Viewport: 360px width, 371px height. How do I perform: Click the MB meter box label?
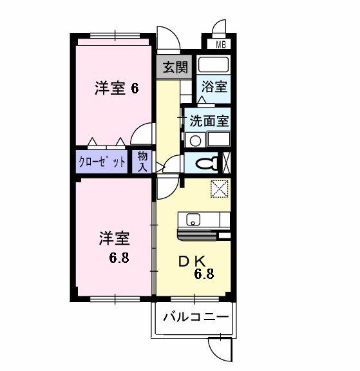(x=221, y=44)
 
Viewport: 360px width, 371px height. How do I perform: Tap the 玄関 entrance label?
(x=176, y=67)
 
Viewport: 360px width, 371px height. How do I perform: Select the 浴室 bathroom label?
(x=214, y=86)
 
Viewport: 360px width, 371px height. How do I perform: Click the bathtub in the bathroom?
(x=214, y=64)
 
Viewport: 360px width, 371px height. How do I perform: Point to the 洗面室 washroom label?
(x=209, y=121)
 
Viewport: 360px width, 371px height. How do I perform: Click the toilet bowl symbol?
(x=207, y=163)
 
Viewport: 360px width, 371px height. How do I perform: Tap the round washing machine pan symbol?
(x=195, y=141)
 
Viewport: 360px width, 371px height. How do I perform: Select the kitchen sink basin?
(x=193, y=220)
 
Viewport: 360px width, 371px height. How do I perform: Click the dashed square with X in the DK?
(x=220, y=189)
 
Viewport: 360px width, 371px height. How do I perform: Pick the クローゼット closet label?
(x=102, y=162)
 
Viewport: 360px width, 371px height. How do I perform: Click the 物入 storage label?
(x=143, y=162)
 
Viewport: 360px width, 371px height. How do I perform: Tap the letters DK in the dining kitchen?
(x=191, y=262)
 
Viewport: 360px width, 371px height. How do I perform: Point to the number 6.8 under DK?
(x=204, y=274)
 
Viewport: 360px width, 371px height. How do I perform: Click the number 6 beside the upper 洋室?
(x=135, y=89)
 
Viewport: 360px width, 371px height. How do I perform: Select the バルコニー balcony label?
(x=196, y=317)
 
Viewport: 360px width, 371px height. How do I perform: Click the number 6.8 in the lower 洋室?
(x=119, y=258)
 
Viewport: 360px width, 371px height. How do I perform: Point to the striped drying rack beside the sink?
(x=197, y=235)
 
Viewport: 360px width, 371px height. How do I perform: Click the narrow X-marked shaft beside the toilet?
(x=226, y=163)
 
